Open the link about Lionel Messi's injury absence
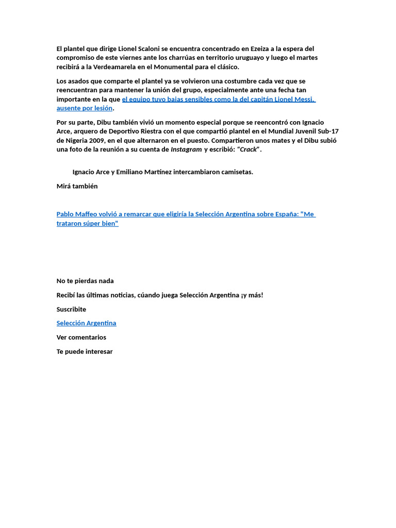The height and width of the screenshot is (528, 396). (218, 100)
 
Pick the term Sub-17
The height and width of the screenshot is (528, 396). (328, 131)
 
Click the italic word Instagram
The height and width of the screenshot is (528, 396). (186, 150)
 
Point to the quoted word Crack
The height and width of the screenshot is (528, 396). (249, 150)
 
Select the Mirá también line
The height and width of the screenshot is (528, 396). (77, 186)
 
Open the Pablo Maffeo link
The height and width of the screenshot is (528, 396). (186, 214)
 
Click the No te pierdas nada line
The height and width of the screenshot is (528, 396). (85, 281)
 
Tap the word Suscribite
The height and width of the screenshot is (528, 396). (71, 309)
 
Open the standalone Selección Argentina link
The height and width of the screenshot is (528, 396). (86, 323)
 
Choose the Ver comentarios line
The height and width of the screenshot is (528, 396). (81, 337)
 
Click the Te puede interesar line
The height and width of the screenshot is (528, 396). (85, 352)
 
